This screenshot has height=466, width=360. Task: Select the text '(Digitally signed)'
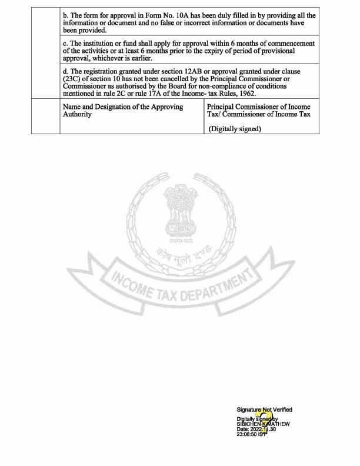tap(235, 129)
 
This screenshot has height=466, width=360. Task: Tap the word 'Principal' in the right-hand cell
tap(222, 107)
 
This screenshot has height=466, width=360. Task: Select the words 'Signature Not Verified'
tap(264, 410)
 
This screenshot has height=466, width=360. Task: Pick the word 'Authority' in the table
tap(77, 114)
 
